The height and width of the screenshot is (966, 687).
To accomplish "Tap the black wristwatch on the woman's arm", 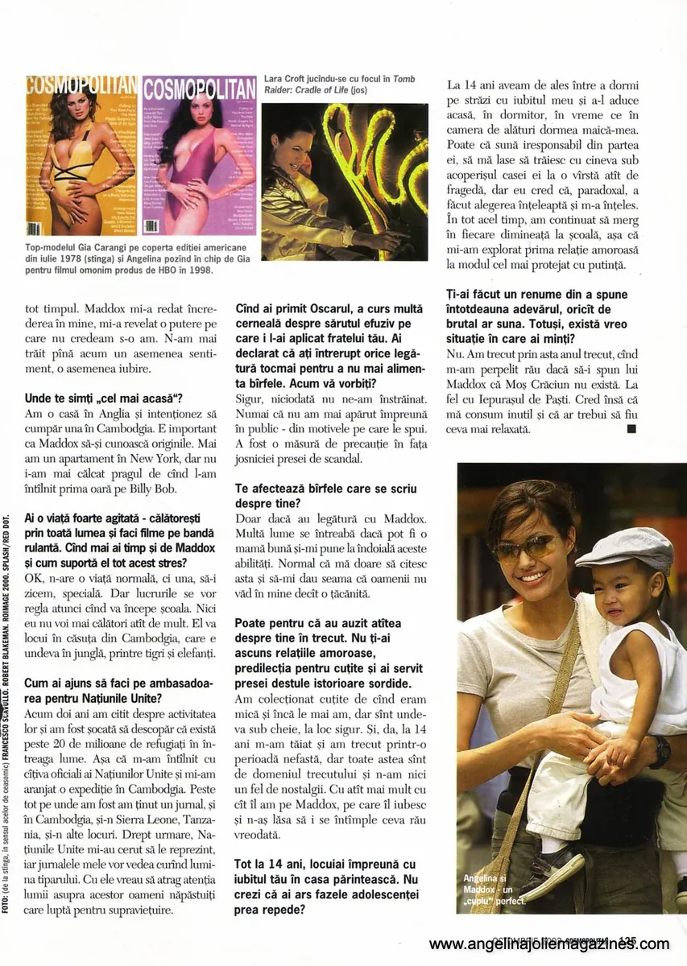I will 660,751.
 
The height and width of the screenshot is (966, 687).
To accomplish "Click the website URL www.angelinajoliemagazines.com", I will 549,943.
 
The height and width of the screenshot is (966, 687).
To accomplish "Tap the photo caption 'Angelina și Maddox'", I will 493,889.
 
